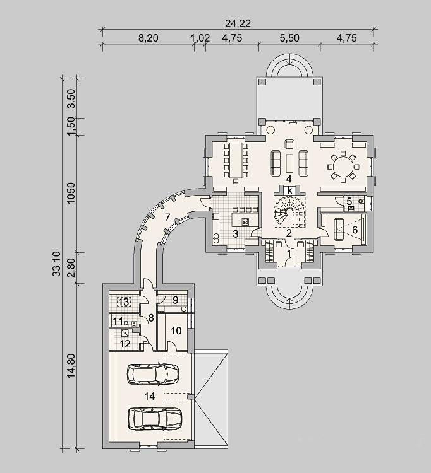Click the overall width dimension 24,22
(x=238, y=23)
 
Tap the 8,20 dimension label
(x=148, y=38)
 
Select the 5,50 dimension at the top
(x=289, y=38)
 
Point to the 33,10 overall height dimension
(x=57, y=264)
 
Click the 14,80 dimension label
(x=71, y=366)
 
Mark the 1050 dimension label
(x=71, y=193)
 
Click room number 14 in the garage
(x=150, y=396)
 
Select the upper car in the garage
(x=153, y=375)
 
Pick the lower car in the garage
(x=155, y=419)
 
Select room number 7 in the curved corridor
(x=167, y=216)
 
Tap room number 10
(x=176, y=331)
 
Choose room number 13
(x=124, y=301)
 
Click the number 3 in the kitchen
(x=236, y=234)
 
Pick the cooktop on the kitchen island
(x=245, y=222)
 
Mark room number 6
(x=355, y=230)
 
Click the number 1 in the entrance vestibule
(x=289, y=254)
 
